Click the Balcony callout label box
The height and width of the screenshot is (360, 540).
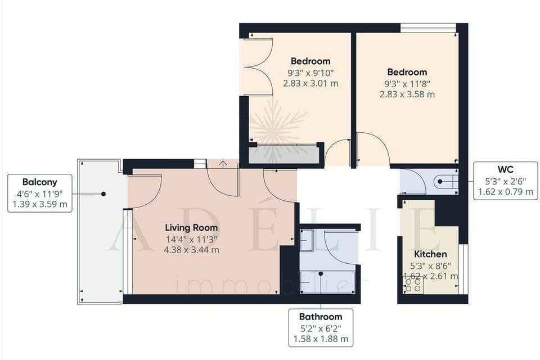[39, 193]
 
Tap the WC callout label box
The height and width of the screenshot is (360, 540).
[505, 181]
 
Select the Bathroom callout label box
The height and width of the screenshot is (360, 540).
[321, 327]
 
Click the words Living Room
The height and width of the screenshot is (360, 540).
[191, 228]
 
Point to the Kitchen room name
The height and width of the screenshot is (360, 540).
[430, 254]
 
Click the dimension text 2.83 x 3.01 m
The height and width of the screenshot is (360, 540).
[310, 83]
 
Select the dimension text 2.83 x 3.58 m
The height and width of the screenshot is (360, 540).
[407, 94]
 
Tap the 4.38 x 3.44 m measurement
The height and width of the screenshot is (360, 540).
[191, 250]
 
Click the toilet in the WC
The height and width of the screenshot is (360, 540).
[447, 182]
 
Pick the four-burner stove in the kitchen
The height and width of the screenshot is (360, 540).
[413, 286]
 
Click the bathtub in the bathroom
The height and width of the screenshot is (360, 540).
[328, 279]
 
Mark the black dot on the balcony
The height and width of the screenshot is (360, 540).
[103, 193]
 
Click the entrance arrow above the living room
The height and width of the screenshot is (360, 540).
[223, 164]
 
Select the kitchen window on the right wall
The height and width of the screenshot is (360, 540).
[463, 269]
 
